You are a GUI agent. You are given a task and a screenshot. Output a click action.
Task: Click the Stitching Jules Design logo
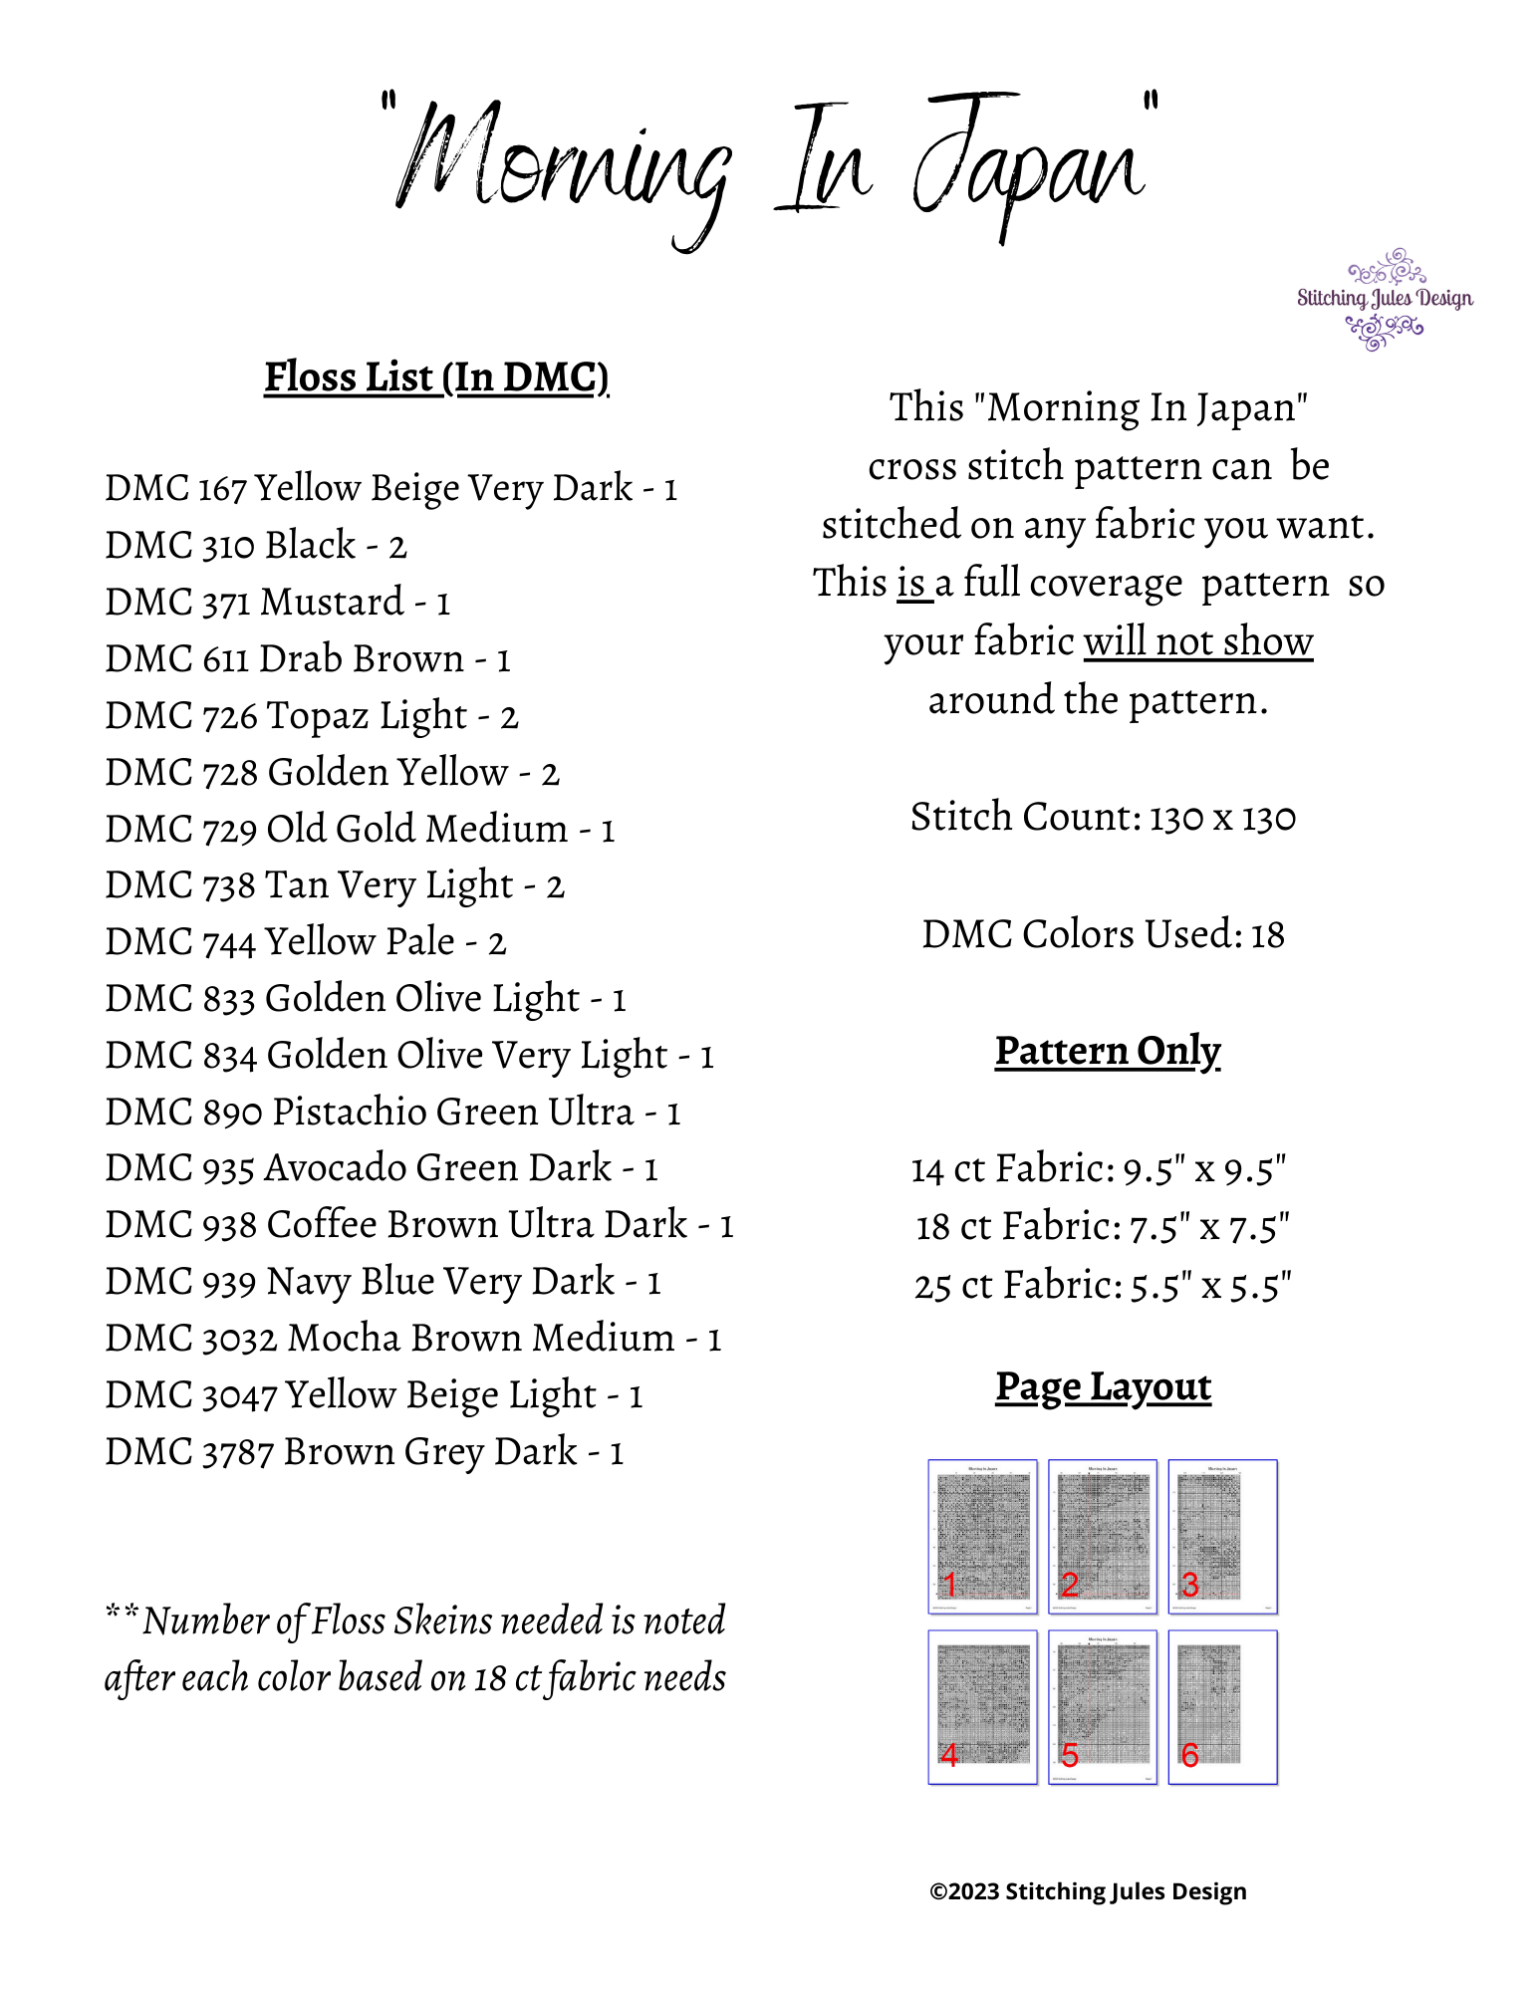pyautogui.click(x=1385, y=299)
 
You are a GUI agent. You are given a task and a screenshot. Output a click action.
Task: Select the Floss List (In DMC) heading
pyautogui.click(x=436, y=377)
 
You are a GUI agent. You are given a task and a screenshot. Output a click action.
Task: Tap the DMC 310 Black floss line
pyautogui.click(x=256, y=546)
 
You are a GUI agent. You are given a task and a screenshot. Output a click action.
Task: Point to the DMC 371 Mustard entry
pyautogui.click(x=278, y=603)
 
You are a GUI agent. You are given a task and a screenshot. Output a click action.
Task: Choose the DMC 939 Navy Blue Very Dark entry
pyautogui.click(x=383, y=1282)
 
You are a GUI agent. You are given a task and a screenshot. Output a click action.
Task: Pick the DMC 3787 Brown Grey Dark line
pyautogui.click(x=365, y=1452)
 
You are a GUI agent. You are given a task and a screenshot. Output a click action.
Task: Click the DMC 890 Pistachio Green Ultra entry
pyautogui.click(x=392, y=1113)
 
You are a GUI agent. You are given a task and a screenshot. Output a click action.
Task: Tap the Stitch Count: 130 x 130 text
pyautogui.click(x=1103, y=818)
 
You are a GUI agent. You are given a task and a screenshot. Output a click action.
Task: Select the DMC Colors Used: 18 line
pyautogui.click(x=1103, y=935)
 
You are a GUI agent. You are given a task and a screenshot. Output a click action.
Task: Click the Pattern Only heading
pyautogui.click(x=1108, y=1052)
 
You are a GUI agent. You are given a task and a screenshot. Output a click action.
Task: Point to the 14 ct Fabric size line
pyautogui.click(x=1099, y=1169)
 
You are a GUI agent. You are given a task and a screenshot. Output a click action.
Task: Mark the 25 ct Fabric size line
pyautogui.click(x=1103, y=1286)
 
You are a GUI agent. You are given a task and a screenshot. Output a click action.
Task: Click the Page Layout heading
pyautogui.click(x=1104, y=1387)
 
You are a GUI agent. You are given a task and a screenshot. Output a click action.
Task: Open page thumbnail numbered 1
pyautogui.click(x=982, y=1536)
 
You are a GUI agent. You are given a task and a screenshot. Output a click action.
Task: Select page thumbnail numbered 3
pyautogui.click(x=1222, y=1536)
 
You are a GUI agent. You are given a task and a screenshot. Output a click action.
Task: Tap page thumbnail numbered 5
pyautogui.click(x=1103, y=1706)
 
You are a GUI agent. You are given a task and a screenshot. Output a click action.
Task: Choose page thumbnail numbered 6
pyautogui.click(x=1222, y=1706)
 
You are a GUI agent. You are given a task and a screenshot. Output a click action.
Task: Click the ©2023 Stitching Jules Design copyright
pyautogui.click(x=1088, y=1891)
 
